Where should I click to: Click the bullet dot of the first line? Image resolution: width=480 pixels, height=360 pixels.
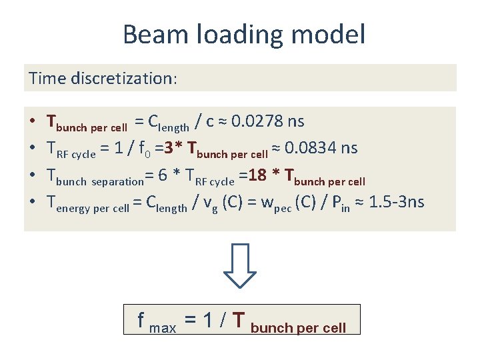click(33, 122)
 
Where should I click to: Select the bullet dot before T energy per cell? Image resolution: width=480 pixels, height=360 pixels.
click(33, 202)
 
